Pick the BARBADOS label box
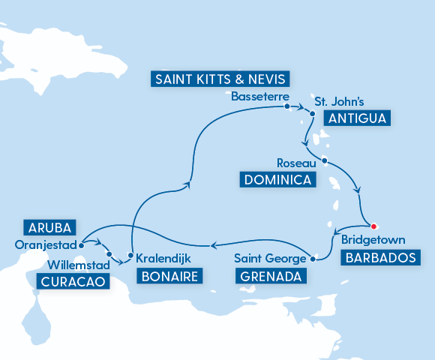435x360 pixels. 378,258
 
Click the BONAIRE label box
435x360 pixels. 169,276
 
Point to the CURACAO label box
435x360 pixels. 70,282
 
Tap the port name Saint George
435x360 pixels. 270,259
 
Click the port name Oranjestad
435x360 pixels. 45,244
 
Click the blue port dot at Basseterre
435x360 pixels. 287,106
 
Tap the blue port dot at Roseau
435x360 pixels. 324,160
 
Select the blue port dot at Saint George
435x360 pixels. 313,259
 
